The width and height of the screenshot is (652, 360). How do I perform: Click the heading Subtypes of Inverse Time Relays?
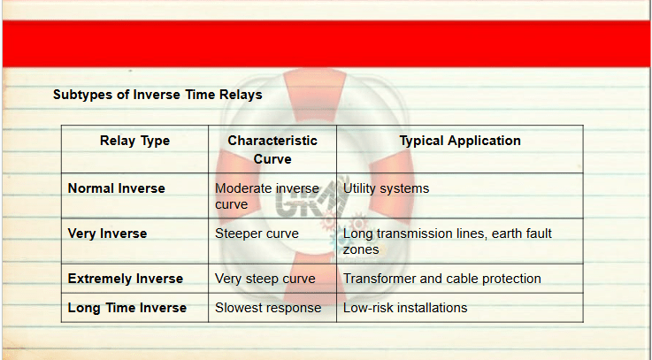click(x=157, y=95)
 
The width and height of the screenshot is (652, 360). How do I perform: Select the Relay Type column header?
click(x=134, y=141)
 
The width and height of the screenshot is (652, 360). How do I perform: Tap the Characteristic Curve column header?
click(x=272, y=149)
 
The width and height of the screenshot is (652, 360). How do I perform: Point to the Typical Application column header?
click(x=460, y=141)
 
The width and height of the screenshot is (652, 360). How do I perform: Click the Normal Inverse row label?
click(x=117, y=188)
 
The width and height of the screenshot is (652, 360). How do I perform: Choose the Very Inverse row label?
click(x=107, y=234)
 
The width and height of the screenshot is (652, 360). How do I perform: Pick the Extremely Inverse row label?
click(x=125, y=279)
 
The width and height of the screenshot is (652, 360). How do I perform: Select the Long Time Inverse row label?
click(x=127, y=308)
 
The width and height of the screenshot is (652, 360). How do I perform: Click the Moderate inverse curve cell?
click(x=267, y=196)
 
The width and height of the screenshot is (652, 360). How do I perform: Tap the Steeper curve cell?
click(x=257, y=234)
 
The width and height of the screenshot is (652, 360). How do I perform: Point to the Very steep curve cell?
click(x=265, y=279)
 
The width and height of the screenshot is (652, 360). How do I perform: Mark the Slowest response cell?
click(x=268, y=308)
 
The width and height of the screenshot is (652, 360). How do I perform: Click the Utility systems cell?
click(x=386, y=188)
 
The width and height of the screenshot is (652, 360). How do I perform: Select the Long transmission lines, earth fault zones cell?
click(x=448, y=241)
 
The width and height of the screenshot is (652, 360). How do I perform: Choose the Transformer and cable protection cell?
click(x=442, y=279)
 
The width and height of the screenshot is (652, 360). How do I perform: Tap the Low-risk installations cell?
click(x=405, y=308)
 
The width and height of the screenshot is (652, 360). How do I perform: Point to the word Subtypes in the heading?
click(x=83, y=96)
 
